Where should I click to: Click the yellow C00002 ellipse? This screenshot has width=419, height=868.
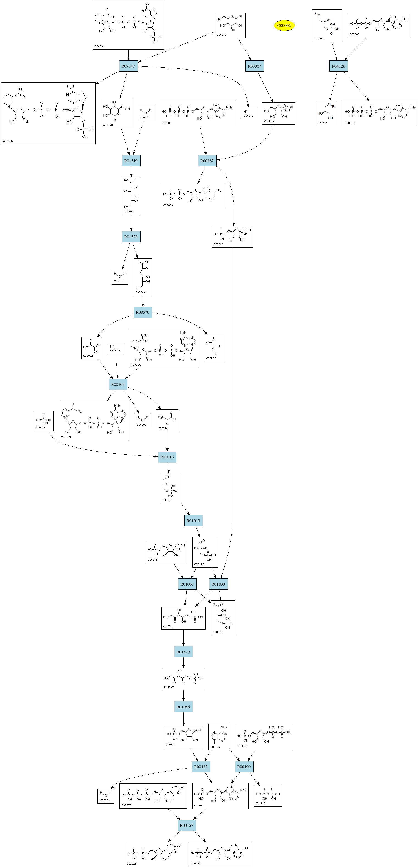tap(284, 25)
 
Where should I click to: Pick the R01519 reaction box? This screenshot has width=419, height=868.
tap(131, 161)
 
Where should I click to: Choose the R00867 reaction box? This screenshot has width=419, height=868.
tap(207, 161)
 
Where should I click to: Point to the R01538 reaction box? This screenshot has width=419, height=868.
tap(131, 237)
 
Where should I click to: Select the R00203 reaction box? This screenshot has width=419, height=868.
tap(118, 384)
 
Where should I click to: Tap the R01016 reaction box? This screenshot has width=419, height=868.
tap(167, 457)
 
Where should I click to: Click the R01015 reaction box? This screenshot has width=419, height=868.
tap(193, 521)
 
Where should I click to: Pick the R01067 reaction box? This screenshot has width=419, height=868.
tap(187, 584)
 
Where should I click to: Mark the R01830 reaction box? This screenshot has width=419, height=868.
tap(218, 584)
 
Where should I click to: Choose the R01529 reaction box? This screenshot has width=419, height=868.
tap(183, 652)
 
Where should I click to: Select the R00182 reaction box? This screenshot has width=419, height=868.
tap(201, 767)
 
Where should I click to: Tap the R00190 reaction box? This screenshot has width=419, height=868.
tap(244, 767)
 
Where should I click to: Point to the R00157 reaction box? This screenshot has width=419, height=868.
tap(186, 825)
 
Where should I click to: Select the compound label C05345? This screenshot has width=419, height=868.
tap(218, 244)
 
